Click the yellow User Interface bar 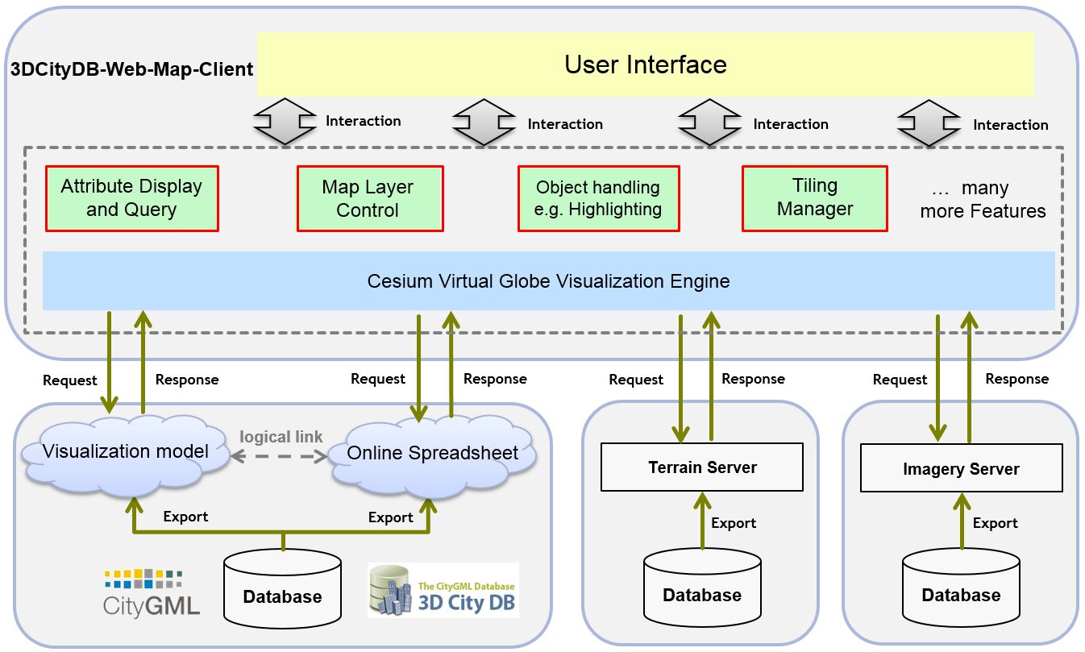coord(645,64)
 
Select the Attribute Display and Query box coord(131,198)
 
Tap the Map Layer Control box coord(370,198)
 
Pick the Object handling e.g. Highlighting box coord(599,198)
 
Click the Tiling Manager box coord(815,198)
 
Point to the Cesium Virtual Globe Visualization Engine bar coord(549,281)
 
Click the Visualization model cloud coord(125,455)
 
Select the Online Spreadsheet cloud coord(433,456)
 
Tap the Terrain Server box coord(702,467)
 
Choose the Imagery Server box coord(962,468)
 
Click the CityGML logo coord(152,594)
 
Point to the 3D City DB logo coord(443,590)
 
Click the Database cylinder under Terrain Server coord(702,588)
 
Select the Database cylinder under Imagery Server coord(962,588)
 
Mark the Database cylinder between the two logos coord(282,589)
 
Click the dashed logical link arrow coord(279,456)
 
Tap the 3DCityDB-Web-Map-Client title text coord(131,69)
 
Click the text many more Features coord(983,199)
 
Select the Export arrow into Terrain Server coord(702,521)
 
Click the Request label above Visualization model coord(70,380)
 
